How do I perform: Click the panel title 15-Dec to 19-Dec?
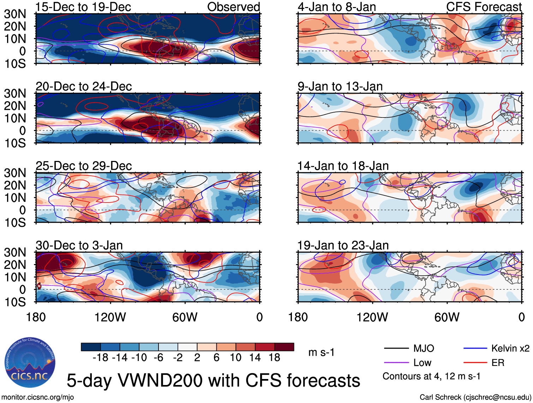83,7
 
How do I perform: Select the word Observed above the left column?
233,7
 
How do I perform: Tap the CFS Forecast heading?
484,7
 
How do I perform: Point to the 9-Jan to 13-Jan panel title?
340,86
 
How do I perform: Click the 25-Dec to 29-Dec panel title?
84,166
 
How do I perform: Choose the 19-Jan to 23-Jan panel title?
343,245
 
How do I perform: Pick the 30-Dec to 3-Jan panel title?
79,245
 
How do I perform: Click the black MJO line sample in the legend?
396,349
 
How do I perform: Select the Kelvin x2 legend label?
510,349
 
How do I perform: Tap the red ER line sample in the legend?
475,362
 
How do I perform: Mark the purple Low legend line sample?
396,362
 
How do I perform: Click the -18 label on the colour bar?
101,357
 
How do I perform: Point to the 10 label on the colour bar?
235,357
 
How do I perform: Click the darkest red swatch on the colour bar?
284,347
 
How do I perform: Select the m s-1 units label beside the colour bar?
321,352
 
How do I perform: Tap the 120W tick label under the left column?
110,317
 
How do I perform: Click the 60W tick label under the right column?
447,317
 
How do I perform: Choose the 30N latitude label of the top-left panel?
15,14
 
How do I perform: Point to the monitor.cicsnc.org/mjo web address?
38,397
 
